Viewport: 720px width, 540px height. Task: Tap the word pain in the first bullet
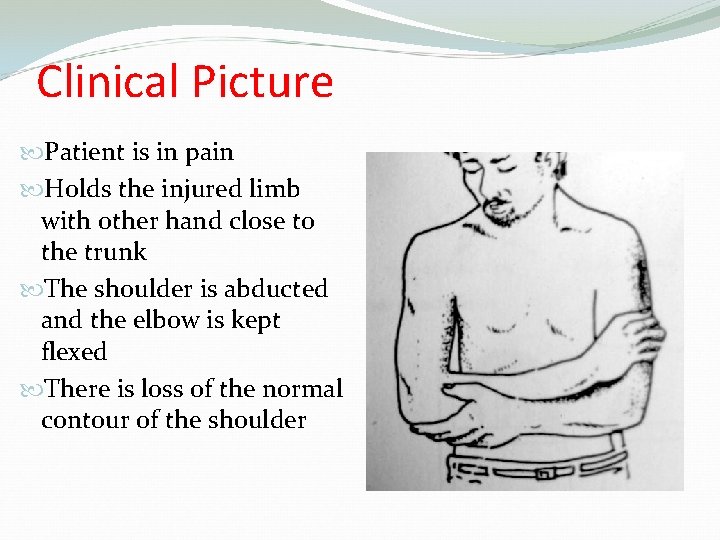(x=210, y=153)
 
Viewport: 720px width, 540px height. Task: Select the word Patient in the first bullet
(x=84, y=153)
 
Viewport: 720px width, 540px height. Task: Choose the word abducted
(x=276, y=289)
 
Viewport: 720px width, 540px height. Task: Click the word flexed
(x=74, y=352)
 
